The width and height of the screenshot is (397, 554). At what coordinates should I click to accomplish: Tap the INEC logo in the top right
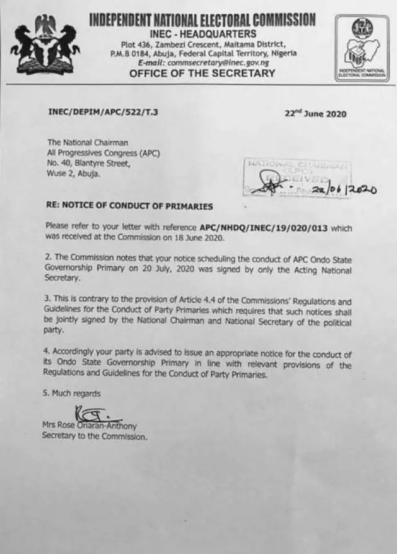click(x=362, y=48)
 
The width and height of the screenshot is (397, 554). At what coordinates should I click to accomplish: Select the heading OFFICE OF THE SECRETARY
click(x=202, y=73)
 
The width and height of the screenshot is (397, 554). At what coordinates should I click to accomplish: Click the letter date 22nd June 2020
click(x=315, y=113)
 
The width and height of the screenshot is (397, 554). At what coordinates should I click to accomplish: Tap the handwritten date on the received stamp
click(x=345, y=191)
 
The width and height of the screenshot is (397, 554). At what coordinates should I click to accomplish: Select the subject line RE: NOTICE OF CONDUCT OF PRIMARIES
click(x=130, y=206)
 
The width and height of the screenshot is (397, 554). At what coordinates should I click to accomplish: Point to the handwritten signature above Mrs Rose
click(x=93, y=413)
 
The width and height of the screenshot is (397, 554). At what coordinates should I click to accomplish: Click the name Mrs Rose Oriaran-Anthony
click(x=89, y=426)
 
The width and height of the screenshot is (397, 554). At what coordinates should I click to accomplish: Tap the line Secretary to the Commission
click(x=95, y=436)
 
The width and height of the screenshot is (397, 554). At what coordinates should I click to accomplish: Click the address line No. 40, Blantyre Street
click(x=89, y=164)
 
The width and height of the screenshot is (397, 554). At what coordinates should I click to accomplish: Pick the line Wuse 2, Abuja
click(x=73, y=174)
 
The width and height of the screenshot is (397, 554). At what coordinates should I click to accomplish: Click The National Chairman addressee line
click(x=87, y=143)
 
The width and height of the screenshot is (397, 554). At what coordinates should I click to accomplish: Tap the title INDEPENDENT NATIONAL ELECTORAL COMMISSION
click(x=202, y=20)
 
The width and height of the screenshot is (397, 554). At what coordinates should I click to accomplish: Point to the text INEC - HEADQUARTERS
click(x=202, y=33)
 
